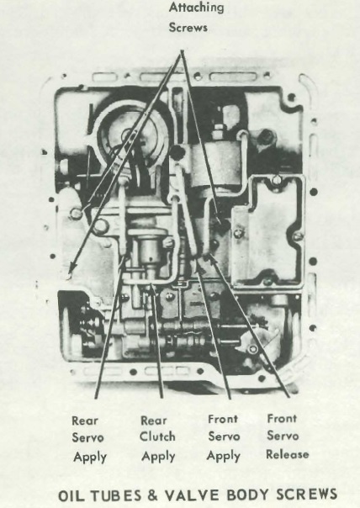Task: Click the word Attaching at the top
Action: tap(196, 8)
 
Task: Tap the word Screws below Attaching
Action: tap(188, 27)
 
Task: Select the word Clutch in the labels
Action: tap(157, 437)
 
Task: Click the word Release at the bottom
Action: tap(288, 454)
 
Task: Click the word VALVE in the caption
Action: tap(193, 495)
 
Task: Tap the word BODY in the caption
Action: tap(248, 495)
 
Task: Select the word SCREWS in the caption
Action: tap(306, 495)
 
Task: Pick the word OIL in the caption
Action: tap(72, 496)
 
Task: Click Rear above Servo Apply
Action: tap(85, 421)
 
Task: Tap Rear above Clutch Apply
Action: tap(154, 421)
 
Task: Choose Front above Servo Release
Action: tap(282, 418)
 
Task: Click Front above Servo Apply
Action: tap(223, 419)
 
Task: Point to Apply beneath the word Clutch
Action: tap(158, 457)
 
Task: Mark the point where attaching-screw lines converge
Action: tap(182, 51)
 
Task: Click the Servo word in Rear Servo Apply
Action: tap(87, 437)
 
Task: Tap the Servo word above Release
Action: tap(283, 436)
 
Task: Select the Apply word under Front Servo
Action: tap(224, 456)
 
